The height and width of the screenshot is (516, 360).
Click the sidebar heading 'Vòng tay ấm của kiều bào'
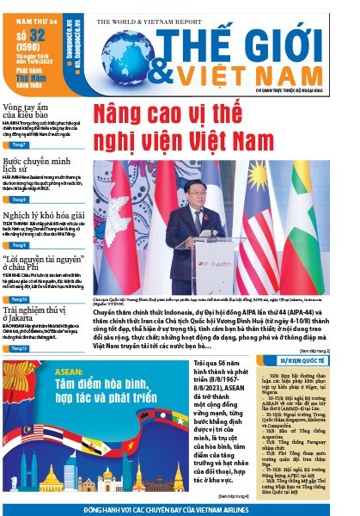pyautogui.click(x=25, y=109)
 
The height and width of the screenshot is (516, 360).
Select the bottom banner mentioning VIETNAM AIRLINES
pyautogui.click(x=180, y=509)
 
